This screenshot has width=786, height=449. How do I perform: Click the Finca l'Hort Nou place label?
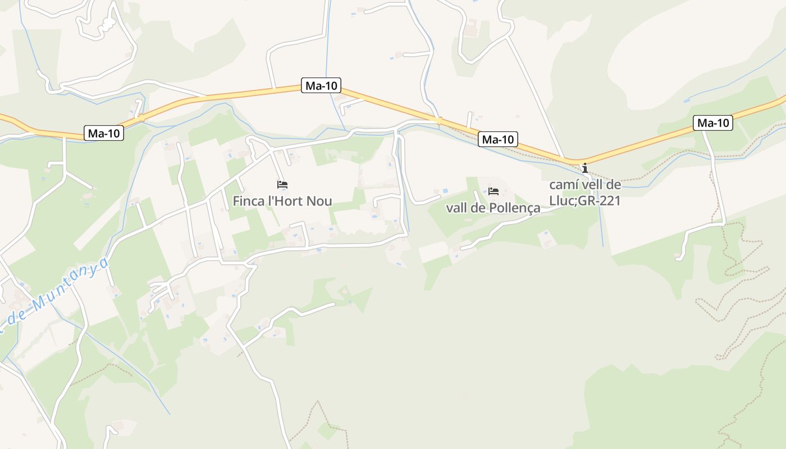click(x=282, y=201)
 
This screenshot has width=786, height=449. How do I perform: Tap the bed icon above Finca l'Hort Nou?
click(x=282, y=184)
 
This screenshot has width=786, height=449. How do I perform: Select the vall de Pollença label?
click(x=493, y=208)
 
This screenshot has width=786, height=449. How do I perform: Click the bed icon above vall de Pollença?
click(x=493, y=191)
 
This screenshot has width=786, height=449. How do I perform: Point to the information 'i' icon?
click(x=585, y=168)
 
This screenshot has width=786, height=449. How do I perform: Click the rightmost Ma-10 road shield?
click(x=714, y=123)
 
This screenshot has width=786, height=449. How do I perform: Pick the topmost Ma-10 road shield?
click(x=321, y=85)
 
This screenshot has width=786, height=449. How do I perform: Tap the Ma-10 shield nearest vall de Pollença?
click(x=498, y=139)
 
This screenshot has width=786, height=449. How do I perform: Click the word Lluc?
click(x=563, y=201)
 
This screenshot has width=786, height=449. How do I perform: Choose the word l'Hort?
click(x=286, y=201)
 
